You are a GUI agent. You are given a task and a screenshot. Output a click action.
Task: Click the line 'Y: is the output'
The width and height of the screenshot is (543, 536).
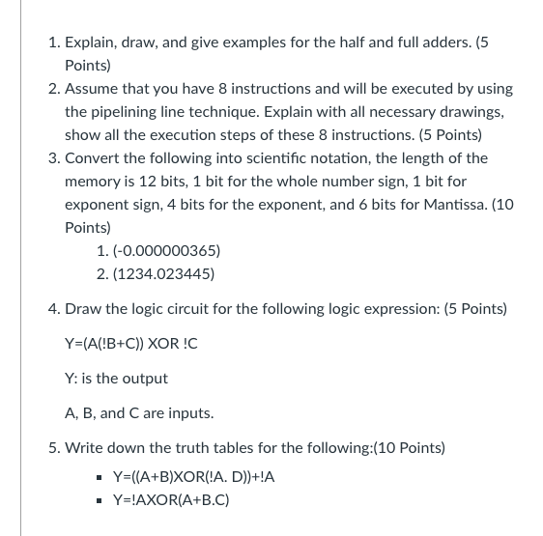(116, 379)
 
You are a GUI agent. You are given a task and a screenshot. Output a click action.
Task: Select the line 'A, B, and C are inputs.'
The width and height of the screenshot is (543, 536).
(139, 413)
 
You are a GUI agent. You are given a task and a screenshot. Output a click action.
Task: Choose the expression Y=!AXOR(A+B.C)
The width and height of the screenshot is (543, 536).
(167, 500)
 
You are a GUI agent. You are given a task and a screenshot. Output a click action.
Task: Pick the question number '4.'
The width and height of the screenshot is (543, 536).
(55, 310)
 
